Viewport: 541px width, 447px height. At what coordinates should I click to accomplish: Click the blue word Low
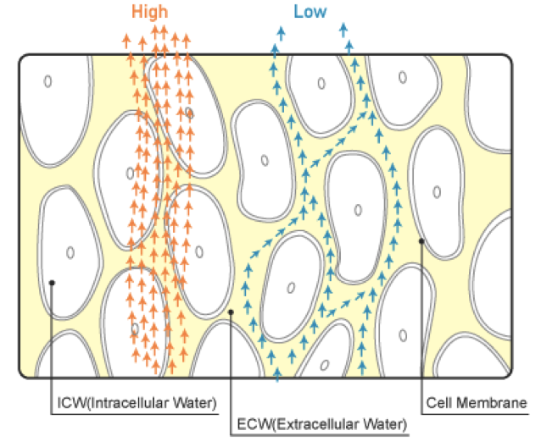click(x=310, y=12)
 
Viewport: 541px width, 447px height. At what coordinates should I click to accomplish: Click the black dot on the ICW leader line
click(x=52, y=283)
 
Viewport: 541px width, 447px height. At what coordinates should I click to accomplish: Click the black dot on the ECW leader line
click(x=231, y=312)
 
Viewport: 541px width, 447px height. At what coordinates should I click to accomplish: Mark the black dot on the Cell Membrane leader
click(x=421, y=241)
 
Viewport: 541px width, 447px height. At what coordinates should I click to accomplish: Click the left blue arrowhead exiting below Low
click(x=277, y=32)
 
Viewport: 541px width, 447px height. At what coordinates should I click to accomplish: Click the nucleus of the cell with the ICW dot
click(x=71, y=252)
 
